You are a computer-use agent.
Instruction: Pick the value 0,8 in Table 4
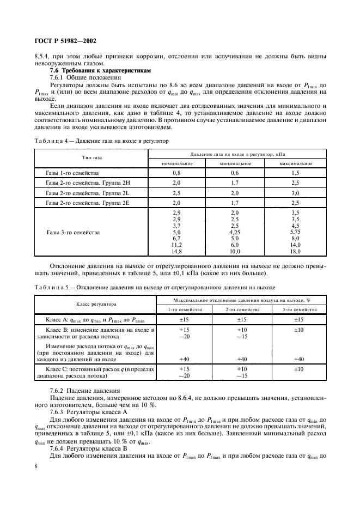click(176, 172)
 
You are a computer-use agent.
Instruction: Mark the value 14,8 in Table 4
click(176, 236)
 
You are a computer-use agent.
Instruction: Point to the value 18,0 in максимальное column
click(295, 236)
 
